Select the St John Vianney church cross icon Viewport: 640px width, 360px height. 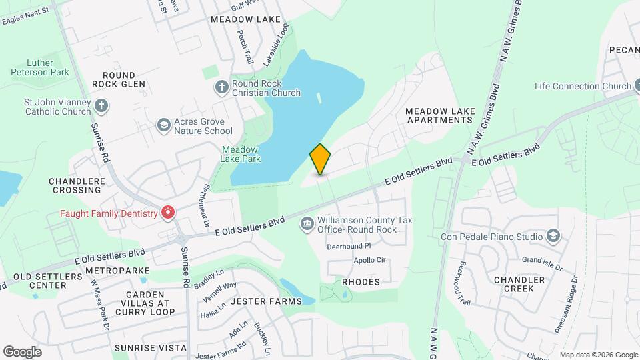[101, 105]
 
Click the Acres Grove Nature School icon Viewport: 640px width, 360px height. [163, 125]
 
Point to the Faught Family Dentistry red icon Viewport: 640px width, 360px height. [168, 213]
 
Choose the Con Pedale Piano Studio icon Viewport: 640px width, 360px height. [553, 235]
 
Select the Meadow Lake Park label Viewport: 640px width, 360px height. [241, 154]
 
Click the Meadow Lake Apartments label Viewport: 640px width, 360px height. [439, 115]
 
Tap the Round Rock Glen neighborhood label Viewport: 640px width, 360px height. [119, 79]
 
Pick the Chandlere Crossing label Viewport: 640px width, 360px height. [75, 185]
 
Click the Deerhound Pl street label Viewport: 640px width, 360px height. [347, 246]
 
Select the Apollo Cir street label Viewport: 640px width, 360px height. [369, 260]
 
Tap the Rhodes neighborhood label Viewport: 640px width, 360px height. [361, 282]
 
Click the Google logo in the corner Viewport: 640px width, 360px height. [22, 352]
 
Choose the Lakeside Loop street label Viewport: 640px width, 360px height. [277, 44]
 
